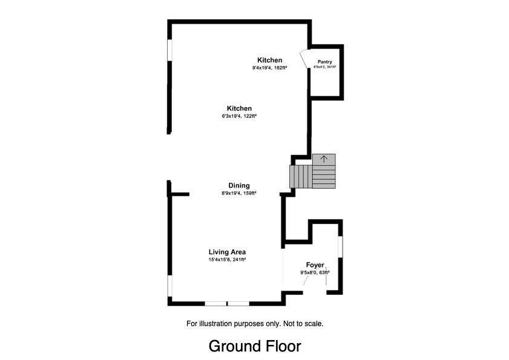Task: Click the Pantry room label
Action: (325, 62)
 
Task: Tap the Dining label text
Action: (238, 186)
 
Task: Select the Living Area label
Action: (227, 252)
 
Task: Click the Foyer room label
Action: (315, 265)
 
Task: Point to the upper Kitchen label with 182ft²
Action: (269, 61)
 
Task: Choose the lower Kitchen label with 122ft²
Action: (239, 109)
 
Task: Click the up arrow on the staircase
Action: (324, 159)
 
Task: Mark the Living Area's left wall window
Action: (170, 287)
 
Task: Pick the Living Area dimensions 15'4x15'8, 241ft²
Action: (227, 260)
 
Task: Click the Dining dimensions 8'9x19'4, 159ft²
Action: (238, 193)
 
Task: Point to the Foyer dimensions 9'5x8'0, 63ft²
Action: (315, 273)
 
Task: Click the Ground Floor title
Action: (254, 346)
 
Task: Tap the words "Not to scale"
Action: (303, 324)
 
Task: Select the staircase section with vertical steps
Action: (301, 177)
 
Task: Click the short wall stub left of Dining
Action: (179, 194)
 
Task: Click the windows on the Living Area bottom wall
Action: (227, 303)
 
